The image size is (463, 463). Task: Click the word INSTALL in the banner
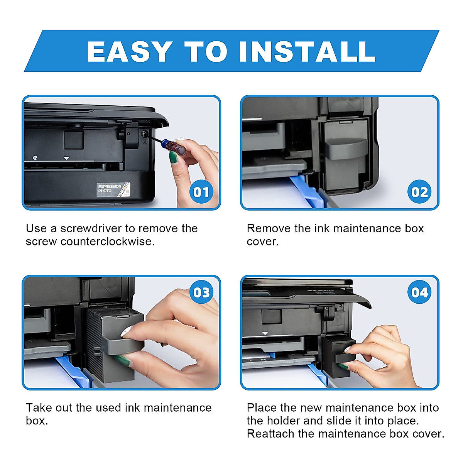point(307,51)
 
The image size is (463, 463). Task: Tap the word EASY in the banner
point(129,51)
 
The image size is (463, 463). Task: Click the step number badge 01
point(201,192)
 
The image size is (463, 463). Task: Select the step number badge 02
point(419,192)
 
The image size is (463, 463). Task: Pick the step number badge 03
point(201,292)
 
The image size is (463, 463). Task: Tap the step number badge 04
point(419,292)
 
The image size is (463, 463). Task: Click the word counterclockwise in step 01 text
point(107,242)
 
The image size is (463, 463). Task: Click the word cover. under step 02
point(262,242)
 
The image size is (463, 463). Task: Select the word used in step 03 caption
point(109,408)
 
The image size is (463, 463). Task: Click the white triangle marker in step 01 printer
point(66,158)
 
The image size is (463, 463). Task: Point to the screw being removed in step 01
point(144,133)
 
